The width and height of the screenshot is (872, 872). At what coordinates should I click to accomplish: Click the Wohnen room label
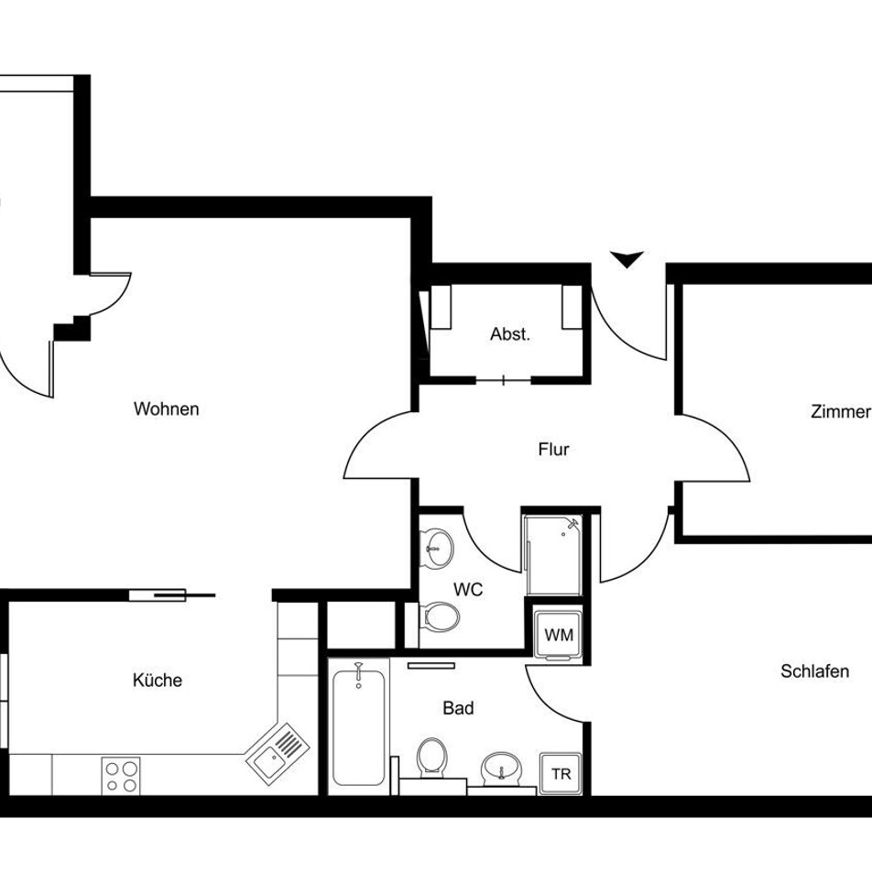(167, 409)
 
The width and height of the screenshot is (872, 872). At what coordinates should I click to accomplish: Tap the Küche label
(158, 680)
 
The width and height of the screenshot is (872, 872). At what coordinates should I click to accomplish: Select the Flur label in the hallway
(553, 450)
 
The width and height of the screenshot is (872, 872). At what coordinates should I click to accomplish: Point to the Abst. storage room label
(510, 334)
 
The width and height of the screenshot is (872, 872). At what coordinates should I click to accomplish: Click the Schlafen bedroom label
(814, 671)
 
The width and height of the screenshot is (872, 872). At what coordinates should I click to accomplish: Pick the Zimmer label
(841, 411)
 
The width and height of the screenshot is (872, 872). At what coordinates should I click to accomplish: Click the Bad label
(458, 708)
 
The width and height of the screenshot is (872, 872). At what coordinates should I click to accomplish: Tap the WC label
(468, 590)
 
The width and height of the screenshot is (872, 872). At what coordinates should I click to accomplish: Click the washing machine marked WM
(559, 635)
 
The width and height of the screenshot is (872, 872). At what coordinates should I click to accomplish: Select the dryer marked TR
(561, 774)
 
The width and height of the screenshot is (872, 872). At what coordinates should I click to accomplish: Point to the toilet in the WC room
(440, 616)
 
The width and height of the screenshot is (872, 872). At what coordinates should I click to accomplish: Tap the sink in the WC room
(437, 549)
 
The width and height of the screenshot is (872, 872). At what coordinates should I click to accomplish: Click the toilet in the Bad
(432, 757)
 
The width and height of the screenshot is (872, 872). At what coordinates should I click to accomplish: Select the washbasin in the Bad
(501, 768)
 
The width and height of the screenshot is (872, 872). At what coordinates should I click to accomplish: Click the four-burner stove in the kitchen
(121, 776)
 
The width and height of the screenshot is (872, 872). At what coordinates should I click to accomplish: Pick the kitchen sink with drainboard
(278, 753)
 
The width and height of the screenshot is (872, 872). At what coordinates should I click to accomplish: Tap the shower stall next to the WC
(553, 554)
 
